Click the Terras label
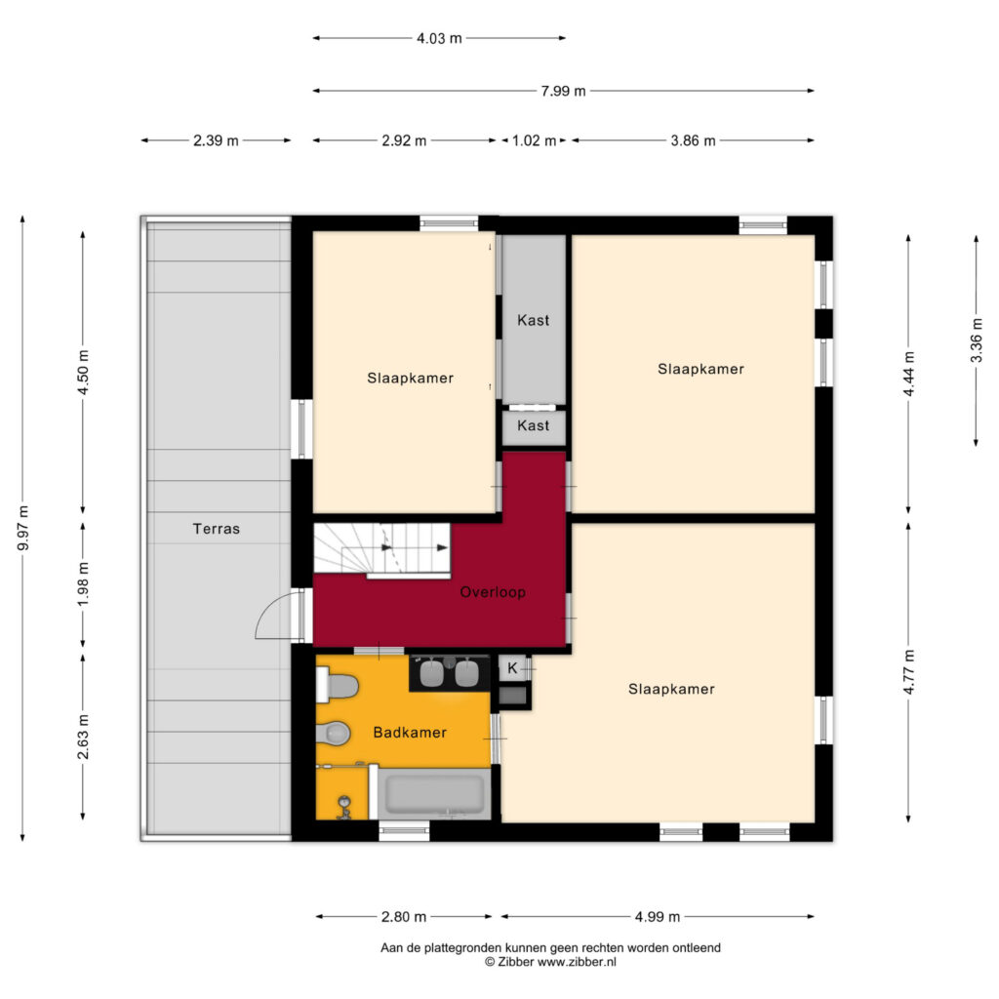pyautogui.click(x=216, y=529)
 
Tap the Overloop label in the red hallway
pyautogui.click(x=494, y=592)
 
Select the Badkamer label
pyautogui.click(x=410, y=732)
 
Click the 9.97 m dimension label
pyautogui.click(x=23, y=528)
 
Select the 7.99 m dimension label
pyautogui.click(x=563, y=91)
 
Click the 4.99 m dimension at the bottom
pyautogui.click(x=657, y=916)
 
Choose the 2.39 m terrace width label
pyautogui.click(x=216, y=140)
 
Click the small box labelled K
pyautogui.click(x=512, y=668)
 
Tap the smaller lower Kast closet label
pyautogui.click(x=533, y=426)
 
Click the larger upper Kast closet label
pyautogui.click(x=533, y=320)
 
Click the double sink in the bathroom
pyautogui.click(x=450, y=672)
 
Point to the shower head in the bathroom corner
pyautogui.click(x=343, y=806)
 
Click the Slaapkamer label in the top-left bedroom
pyautogui.click(x=410, y=378)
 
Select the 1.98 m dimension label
pyautogui.click(x=84, y=582)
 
